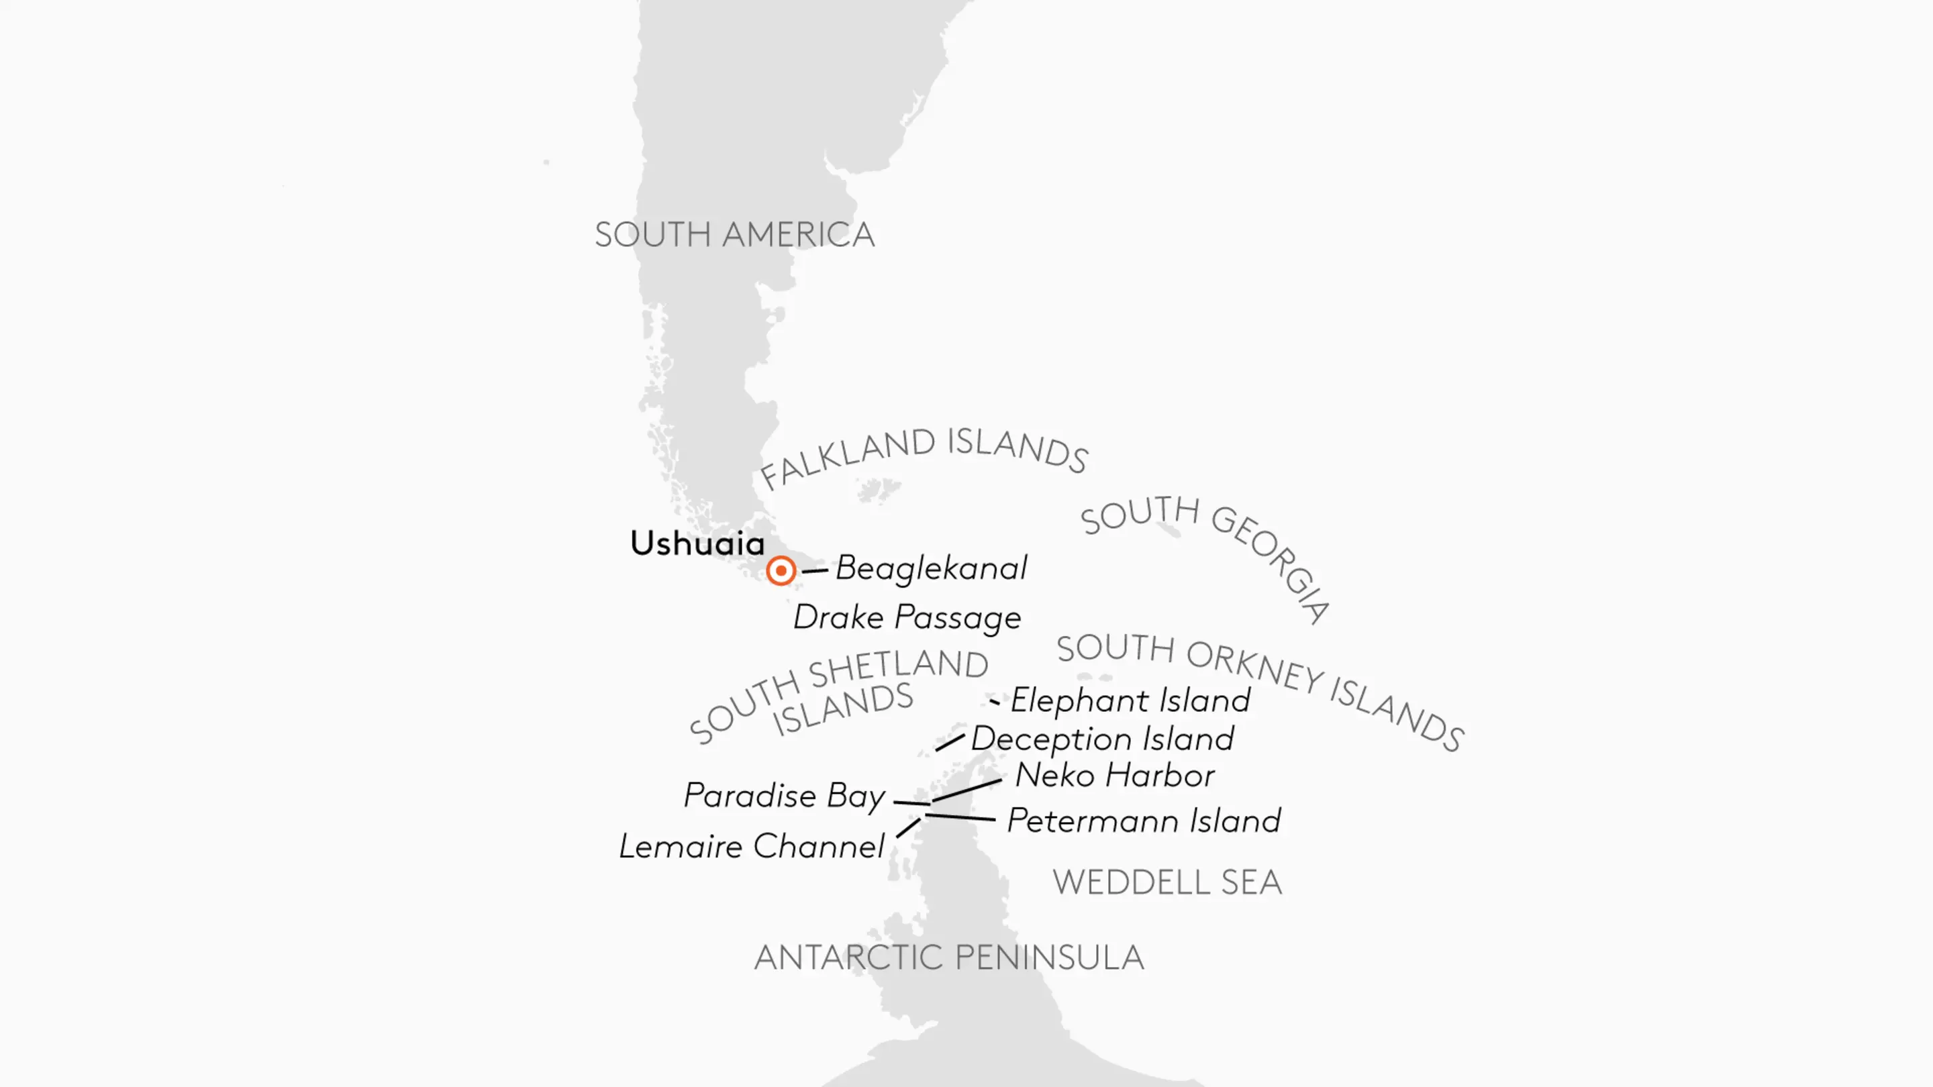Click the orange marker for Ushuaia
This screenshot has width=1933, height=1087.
[x=781, y=571]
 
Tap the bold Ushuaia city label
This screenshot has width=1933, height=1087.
[x=697, y=543]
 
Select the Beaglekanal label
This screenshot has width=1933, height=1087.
[x=931, y=568]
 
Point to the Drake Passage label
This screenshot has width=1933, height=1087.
[x=907, y=617]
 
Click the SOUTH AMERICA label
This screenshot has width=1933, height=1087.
[x=735, y=235]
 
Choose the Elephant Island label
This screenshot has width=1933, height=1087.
[x=1130, y=701]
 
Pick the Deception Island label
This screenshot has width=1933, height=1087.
[x=1102, y=739]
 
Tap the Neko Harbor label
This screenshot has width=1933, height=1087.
[x=1114, y=776]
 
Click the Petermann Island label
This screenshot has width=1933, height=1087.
[x=1144, y=821]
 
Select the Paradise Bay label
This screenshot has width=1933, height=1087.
[x=784, y=796]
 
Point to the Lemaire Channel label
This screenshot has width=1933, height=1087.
[x=752, y=847]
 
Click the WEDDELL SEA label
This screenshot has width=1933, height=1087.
[x=1167, y=882]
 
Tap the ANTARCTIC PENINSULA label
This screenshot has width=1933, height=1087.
[x=948, y=958]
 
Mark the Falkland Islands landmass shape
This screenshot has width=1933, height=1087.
[x=878, y=491]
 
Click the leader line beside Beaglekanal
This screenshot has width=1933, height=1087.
[x=815, y=571]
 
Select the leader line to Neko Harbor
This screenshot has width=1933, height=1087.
[x=966, y=790]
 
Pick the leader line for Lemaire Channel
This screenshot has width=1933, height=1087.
[x=908, y=827]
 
